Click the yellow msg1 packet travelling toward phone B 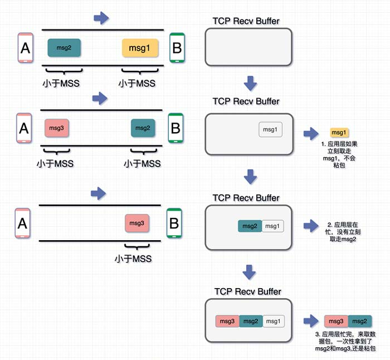click(140, 48)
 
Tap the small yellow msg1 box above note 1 click(339, 133)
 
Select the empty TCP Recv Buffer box click(248, 47)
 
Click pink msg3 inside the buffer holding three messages click(227, 321)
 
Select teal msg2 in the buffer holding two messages click(250, 226)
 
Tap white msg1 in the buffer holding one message click(271, 130)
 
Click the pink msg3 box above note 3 click(336, 321)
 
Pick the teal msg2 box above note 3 click(360, 321)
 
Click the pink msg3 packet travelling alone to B click(136, 223)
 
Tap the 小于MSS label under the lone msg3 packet click(133, 259)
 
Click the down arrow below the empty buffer click(250, 84)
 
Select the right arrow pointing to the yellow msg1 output click(310, 133)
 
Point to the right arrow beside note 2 click(310, 226)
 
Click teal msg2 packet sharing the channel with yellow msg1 click(64, 48)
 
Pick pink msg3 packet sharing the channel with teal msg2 click(56, 128)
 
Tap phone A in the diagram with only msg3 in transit click(22, 223)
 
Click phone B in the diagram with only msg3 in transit click(174, 223)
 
